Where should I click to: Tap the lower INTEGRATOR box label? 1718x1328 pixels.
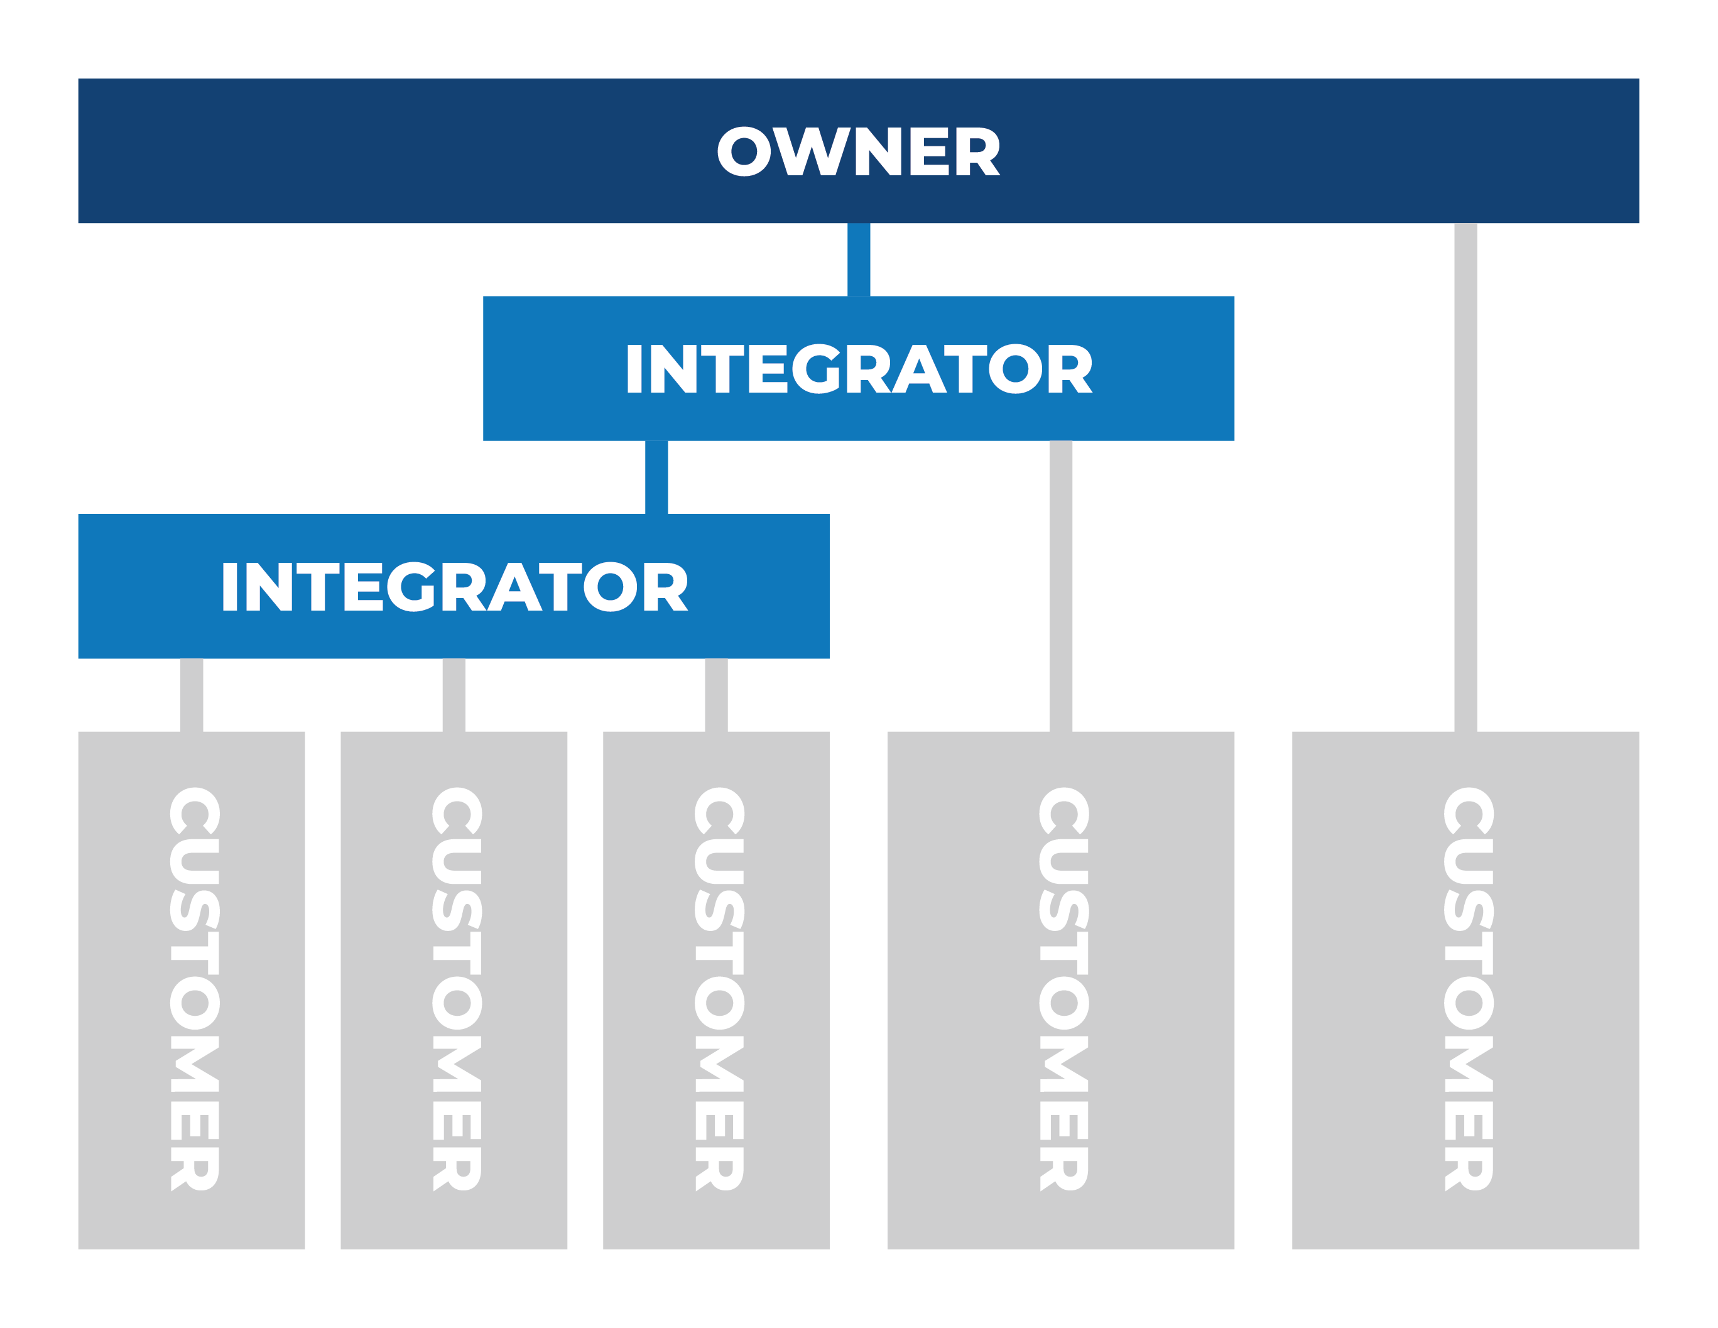pos(455,586)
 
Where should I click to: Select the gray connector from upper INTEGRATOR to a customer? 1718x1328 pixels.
pos(1060,585)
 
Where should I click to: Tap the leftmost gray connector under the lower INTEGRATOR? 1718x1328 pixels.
pos(192,695)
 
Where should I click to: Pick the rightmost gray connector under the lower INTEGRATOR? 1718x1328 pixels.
pos(716,695)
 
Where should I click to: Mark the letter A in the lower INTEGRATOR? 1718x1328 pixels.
pos(514,587)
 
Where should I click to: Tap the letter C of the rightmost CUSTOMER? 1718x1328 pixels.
pos(1468,811)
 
